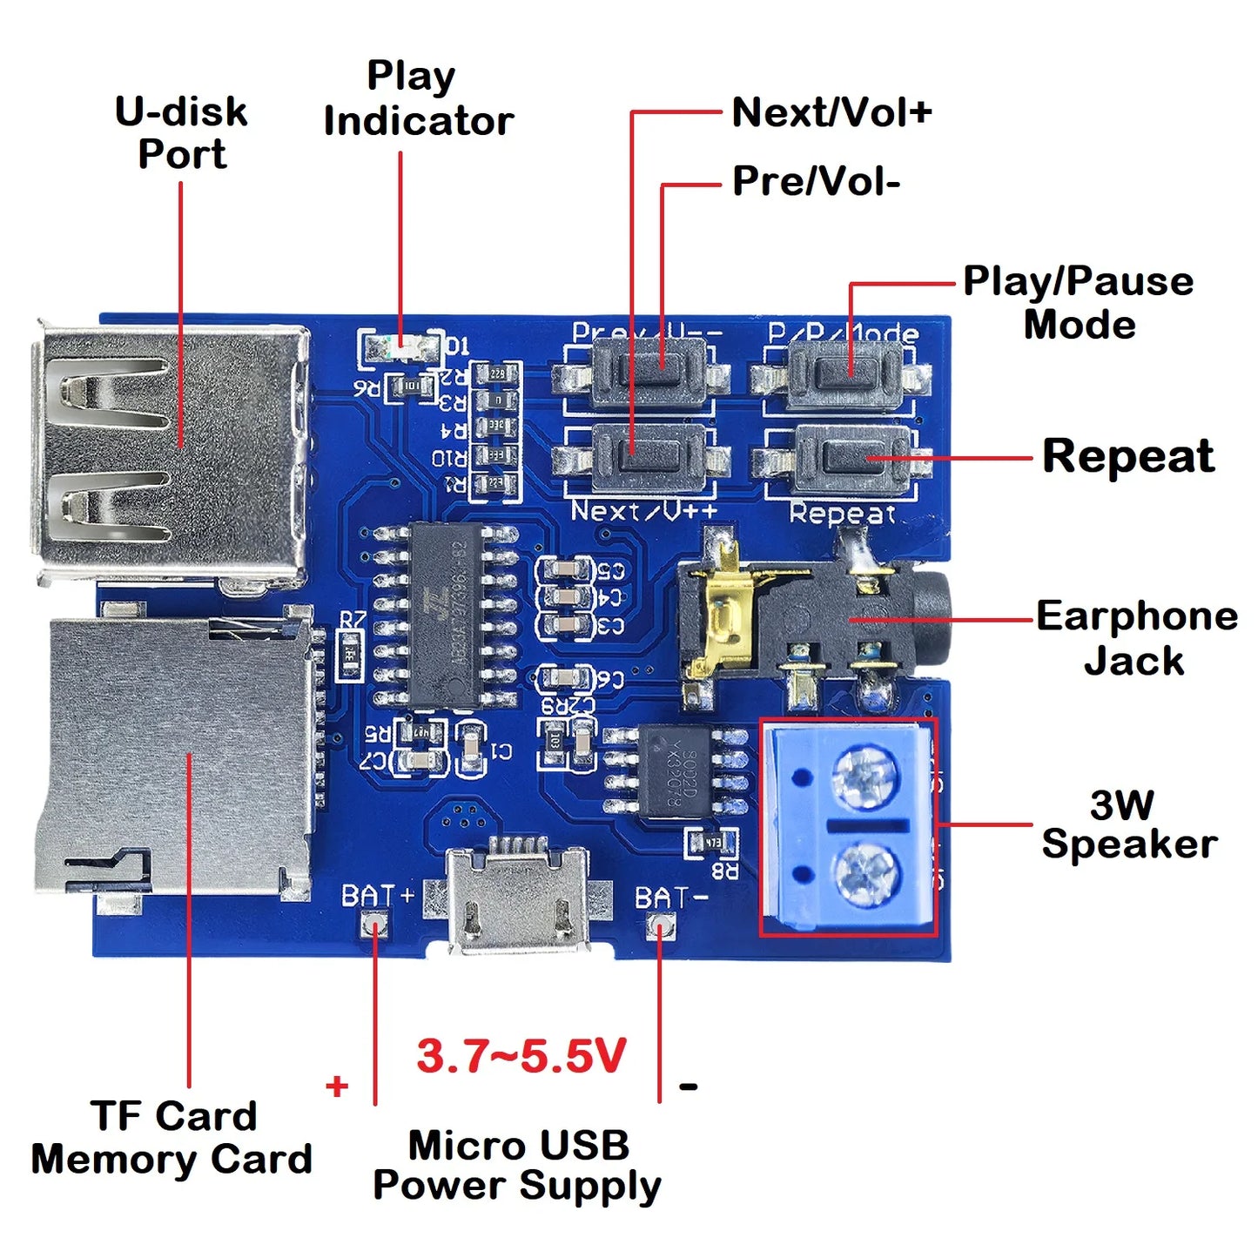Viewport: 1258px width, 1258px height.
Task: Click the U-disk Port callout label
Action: click(x=181, y=133)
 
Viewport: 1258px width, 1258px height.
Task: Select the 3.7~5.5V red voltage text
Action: click(x=521, y=1056)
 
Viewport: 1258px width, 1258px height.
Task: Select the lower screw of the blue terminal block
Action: click(x=864, y=874)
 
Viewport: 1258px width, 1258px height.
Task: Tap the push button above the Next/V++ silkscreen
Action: click(x=645, y=454)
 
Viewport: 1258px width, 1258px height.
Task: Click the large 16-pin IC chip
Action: click(x=444, y=614)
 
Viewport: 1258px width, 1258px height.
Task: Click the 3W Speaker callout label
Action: click(x=1127, y=824)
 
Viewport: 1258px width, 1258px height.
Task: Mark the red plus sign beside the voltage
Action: click(x=337, y=1086)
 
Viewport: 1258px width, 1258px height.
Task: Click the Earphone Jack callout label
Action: click(x=1136, y=638)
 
